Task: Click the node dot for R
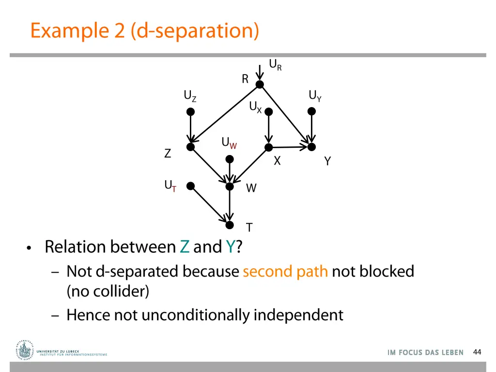pyautogui.click(x=260, y=85)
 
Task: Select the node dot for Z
pyautogui.click(x=191, y=147)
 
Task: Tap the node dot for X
pyautogui.click(x=268, y=147)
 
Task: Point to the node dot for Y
pyautogui.click(x=311, y=146)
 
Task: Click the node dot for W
pyautogui.click(x=230, y=186)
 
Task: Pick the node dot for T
pyautogui.click(x=230, y=224)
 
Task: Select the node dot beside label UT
pyautogui.click(x=191, y=186)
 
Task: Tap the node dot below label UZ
pyautogui.click(x=191, y=111)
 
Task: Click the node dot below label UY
pyautogui.click(x=311, y=111)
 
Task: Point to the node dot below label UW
pyautogui.click(x=230, y=159)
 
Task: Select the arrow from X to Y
pyautogui.click(x=290, y=147)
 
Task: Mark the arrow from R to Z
pyautogui.click(x=225, y=116)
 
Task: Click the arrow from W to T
pyautogui.click(x=230, y=205)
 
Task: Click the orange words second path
pyautogui.click(x=285, y=271)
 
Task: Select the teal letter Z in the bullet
pyautogui.click(x=184, y=247)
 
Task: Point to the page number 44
pyautogui.click(x=477, y=352)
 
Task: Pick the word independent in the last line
pyautogui.click(x=298, y=315)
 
